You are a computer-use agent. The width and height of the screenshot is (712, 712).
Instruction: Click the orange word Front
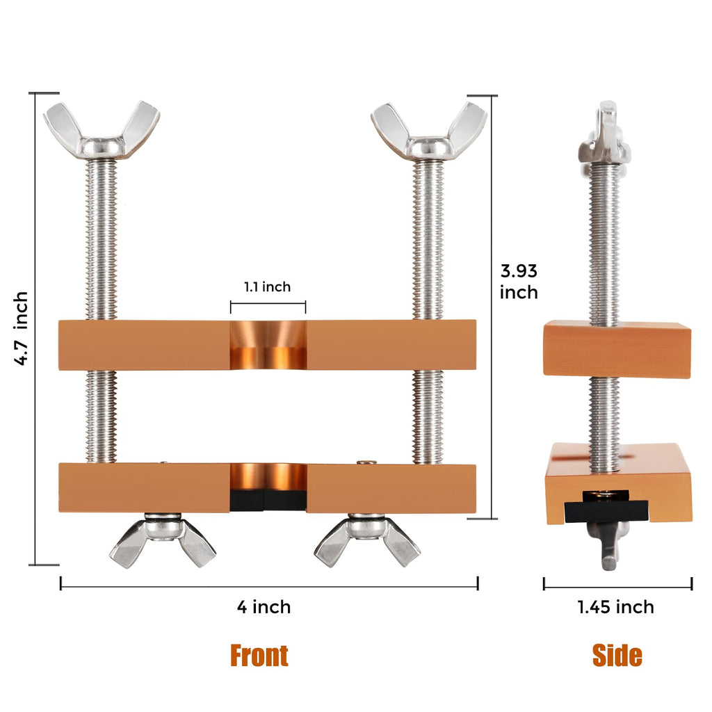coord(259,655)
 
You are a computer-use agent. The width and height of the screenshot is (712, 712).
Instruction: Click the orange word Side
coord(617,655)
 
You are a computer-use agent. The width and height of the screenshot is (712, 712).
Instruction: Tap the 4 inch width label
coord(264,607)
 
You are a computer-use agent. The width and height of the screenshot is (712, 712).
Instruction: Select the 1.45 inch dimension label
coord(615,607)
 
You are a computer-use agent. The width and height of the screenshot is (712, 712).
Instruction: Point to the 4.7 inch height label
coord(21,328)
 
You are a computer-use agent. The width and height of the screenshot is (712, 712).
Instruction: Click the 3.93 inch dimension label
coord(519,282)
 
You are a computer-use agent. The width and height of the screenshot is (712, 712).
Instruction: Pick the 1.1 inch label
coord(267,287)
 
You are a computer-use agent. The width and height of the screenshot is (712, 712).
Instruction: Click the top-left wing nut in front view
coord(102,130)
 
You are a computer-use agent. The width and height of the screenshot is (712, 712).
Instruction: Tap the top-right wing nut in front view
coord(429,131)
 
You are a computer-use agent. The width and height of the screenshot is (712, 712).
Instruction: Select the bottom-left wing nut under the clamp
coord(163,540)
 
